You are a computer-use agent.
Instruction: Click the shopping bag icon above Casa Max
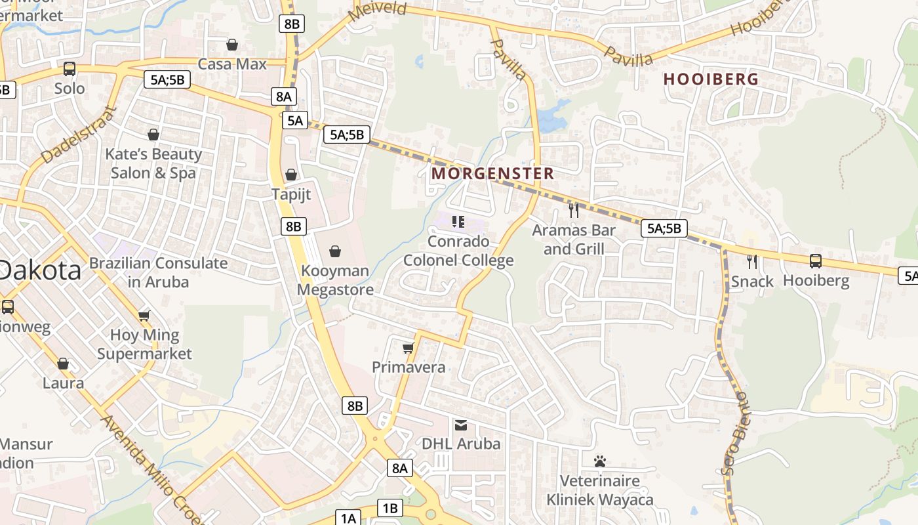tap(231, 45)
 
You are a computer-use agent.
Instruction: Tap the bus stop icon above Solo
tap(69, 68)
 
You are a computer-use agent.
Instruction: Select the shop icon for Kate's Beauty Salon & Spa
tap(153, 135)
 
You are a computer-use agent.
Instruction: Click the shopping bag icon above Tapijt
tap(291, 175)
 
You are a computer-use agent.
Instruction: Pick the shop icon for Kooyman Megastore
tap(335, 251)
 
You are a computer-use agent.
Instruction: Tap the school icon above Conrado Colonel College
tap(458, 222)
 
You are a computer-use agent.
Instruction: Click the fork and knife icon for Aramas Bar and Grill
tap(574, 210)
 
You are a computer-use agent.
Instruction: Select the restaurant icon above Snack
tap(752, 261)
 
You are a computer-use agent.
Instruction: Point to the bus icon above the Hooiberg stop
tap(816, 261)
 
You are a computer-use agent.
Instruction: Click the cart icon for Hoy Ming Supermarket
tap(144, 316)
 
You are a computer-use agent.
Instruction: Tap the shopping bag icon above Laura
tap(63, 363)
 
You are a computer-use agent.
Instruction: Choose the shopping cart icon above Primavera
tap(409, 347)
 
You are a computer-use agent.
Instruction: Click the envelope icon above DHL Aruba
tap(461, 424)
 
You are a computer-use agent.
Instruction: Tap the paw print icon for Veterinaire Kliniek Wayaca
tap(599, 461)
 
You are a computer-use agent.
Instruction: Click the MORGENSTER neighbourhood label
tap(493, 173)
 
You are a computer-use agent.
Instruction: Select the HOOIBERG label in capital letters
tap(711, 79)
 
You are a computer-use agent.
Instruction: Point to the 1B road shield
tap(389, 508)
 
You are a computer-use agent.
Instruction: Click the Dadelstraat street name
tap(78, 135)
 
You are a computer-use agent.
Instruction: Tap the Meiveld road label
tap(378, 11)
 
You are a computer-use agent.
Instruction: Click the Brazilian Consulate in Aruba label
tap(158, 272)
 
